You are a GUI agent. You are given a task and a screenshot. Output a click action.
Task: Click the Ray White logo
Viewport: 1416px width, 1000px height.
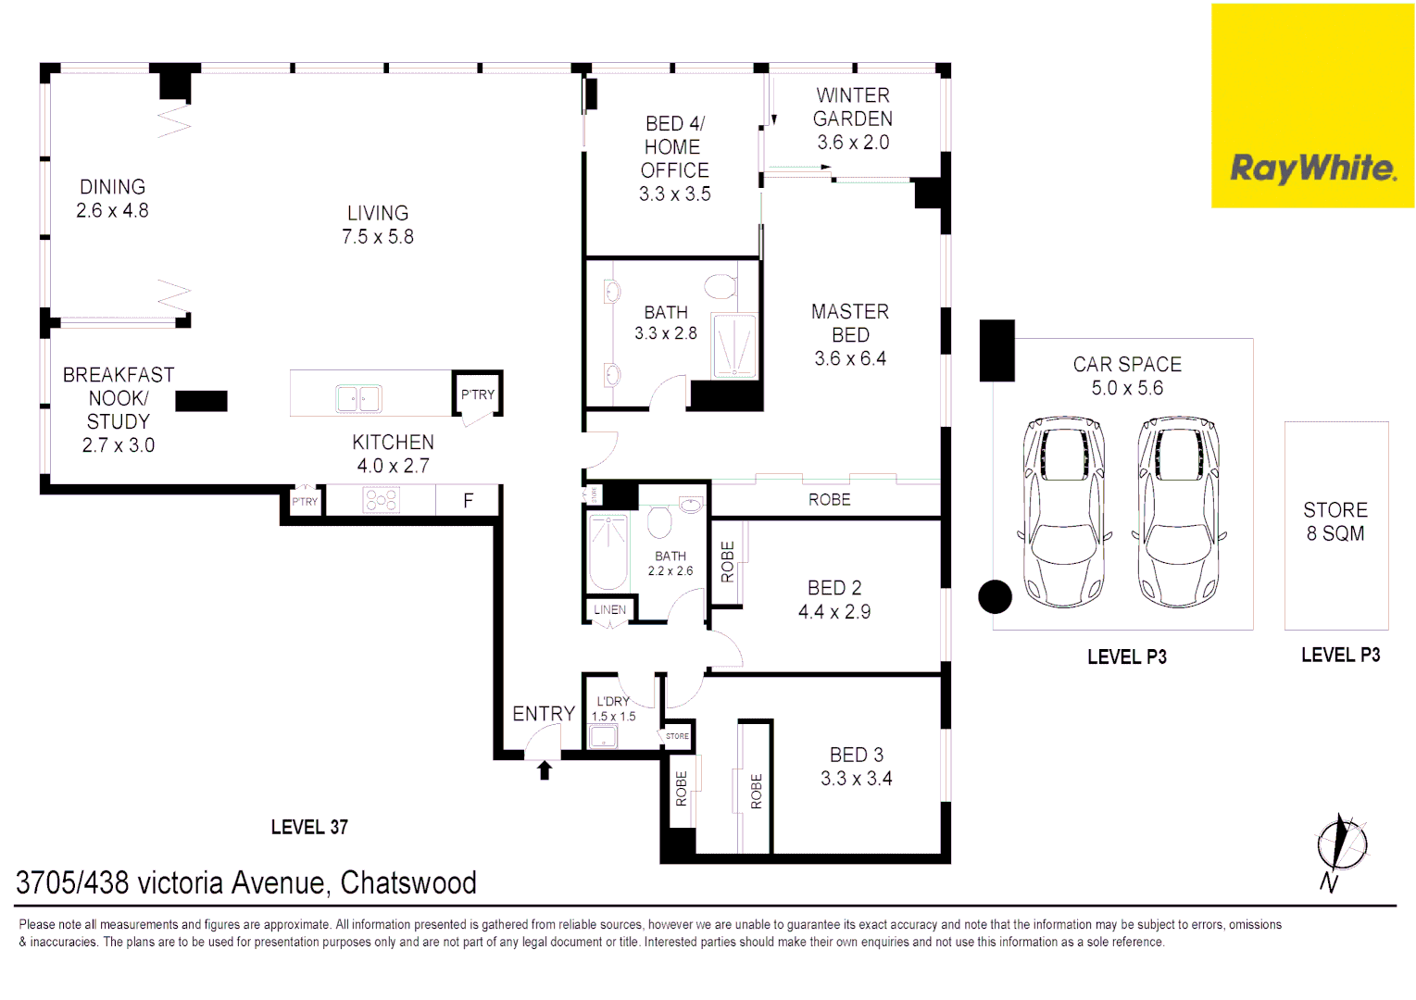[1312, 168]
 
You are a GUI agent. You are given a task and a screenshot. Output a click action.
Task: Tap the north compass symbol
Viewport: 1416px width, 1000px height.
[1341, 845]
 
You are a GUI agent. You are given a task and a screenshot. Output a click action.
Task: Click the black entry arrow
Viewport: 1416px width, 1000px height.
[545, 769]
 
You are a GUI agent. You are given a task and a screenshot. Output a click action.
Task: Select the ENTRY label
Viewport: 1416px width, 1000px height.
[544, 714]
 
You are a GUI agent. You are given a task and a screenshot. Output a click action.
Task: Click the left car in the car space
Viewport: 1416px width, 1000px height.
[1064, 512]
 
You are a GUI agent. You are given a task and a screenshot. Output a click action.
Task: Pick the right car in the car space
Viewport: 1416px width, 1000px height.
[1178, 512]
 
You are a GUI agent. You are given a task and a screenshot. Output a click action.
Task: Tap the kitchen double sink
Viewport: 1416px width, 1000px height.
[358, 399]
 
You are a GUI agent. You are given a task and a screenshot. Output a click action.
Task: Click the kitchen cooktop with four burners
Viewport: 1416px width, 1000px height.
[381, 501]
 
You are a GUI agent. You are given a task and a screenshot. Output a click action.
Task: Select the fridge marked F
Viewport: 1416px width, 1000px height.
[469, 501]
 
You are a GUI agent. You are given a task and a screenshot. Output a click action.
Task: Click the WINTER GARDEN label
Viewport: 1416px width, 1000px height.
[852, 107]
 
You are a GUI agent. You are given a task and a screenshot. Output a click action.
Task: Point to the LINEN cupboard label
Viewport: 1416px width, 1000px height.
[609, 609]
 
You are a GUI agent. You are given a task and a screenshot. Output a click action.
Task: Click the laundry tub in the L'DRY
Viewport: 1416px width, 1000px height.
[603, 737]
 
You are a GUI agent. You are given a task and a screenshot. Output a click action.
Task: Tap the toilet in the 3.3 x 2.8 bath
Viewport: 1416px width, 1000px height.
[720, 286]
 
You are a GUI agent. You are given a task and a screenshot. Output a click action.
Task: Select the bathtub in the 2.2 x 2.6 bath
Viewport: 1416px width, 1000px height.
[608, 552]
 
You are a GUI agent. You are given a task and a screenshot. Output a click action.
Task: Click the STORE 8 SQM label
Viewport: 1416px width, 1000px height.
[1335, 521]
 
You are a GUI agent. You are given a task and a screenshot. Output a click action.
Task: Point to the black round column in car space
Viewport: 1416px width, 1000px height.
[996, 597]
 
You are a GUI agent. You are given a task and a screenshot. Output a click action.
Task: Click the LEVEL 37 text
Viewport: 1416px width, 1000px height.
[309, 827]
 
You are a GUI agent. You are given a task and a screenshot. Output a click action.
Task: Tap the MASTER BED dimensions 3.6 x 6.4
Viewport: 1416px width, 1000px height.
[849, 358]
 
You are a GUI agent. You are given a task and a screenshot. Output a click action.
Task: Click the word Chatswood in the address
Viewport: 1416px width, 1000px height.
[408, 883]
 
